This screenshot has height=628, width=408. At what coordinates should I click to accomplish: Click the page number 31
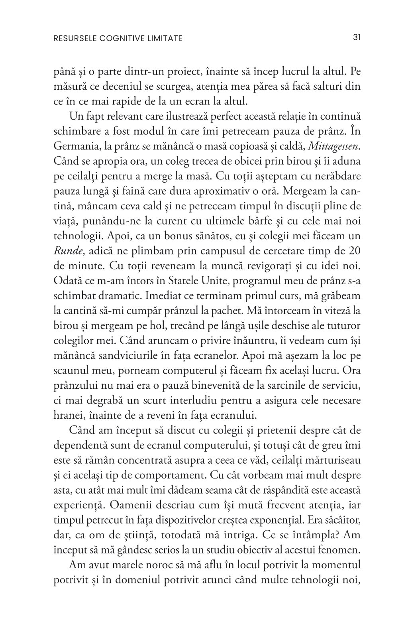(357, 38)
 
